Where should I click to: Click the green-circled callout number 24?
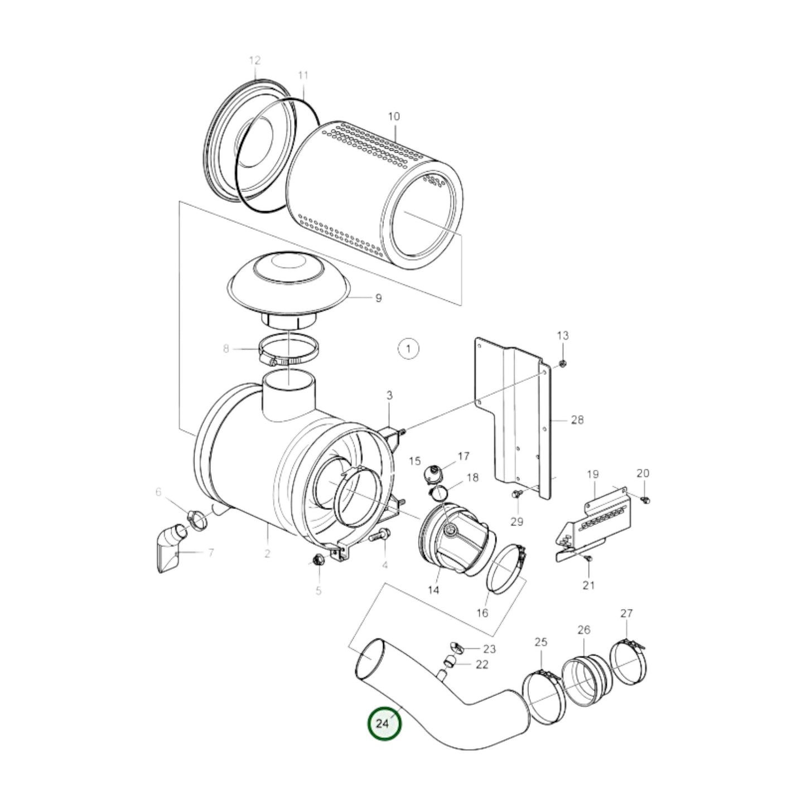coord(384,723)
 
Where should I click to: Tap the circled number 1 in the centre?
coord(408,349)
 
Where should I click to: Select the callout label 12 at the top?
coord(254,60)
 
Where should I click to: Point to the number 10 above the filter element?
coord(394,117)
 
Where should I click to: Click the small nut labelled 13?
coord(563,364)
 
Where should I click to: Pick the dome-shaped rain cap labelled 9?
coord(289,284)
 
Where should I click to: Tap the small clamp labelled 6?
coord(196,520)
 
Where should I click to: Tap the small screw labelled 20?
coord(646,499)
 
